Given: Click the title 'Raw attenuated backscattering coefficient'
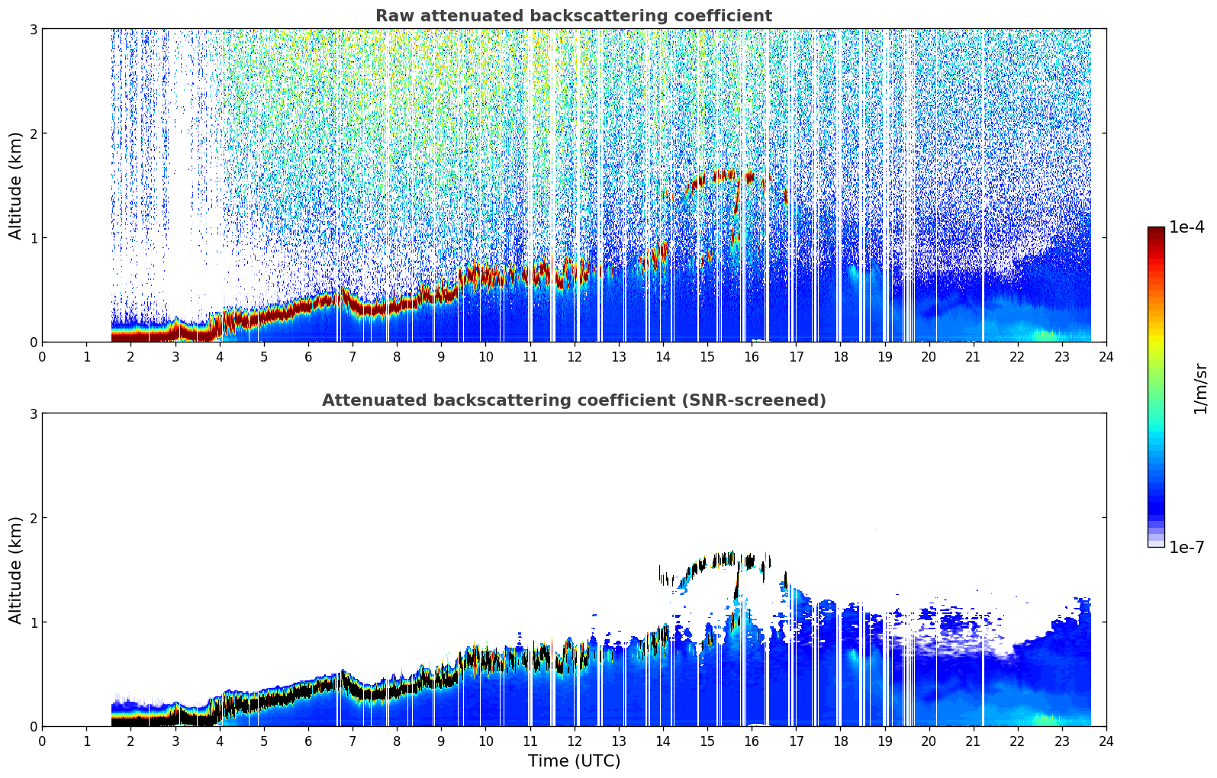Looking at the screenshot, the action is coord(574,16).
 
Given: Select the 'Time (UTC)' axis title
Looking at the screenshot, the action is coord(574,760).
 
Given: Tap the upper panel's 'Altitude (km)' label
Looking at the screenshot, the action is coord(15,185).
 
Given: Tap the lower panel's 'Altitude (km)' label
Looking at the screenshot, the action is coord(15,570).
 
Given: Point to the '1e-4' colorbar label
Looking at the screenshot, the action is coord(1186,227).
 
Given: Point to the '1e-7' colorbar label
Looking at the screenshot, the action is coord(1186,547).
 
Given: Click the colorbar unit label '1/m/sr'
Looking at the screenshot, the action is coord(1199,390).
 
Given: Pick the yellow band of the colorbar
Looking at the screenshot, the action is coord(1156,330).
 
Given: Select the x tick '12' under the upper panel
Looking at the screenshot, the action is coord(575,357).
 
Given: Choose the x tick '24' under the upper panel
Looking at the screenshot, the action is coord(1106,357).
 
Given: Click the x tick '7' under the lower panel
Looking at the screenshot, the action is coord(353,741).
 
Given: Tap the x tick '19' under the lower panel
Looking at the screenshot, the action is coord(884,741).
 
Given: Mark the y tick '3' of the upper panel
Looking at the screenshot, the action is coord(33,29).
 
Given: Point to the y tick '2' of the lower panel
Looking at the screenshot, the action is coord(33,518).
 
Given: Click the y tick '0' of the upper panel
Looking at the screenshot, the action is coord(33,342).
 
